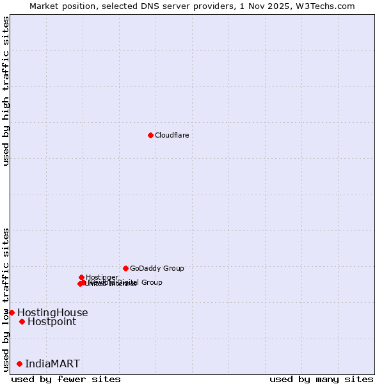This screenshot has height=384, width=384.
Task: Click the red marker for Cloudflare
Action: click(150, 135)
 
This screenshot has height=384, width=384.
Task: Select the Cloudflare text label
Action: click(172, 135)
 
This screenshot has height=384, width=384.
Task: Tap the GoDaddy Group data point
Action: click(125, 268)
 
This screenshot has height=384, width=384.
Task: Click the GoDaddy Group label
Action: click(157, 268)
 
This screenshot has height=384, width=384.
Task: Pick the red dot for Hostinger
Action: click(82, 277)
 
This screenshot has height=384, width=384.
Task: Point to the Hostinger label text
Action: click(102, 277)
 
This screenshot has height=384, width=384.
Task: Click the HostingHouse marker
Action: click(12, 312)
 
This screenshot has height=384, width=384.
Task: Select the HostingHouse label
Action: click(52, 313)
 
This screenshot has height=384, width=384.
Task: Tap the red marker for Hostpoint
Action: click(22, 321)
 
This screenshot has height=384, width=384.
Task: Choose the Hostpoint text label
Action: click(52, 322)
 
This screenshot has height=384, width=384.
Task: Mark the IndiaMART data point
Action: click(19, 364)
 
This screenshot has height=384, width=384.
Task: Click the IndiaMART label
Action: click(52, 364)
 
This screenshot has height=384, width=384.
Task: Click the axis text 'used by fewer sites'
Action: click(66, 379)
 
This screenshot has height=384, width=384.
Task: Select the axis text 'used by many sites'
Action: click(321, 379)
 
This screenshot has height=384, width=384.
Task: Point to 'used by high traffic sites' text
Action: click(6, 91)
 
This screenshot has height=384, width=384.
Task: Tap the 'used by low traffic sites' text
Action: click(6, 299)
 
